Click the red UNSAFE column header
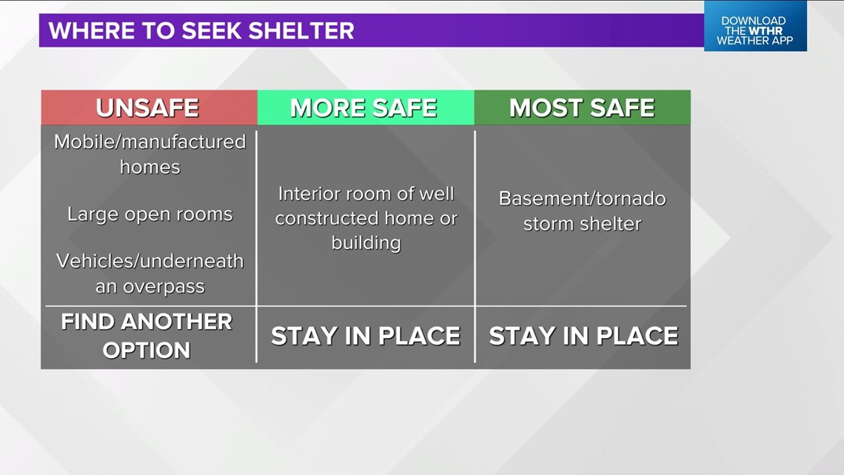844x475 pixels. (x=149, y=107)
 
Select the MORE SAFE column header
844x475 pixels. (x=366, y=107)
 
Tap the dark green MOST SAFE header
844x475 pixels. (x=583, y=107)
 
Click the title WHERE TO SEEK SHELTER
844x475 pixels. (x=201, y=30)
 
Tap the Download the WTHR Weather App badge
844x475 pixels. (x=755, y=26)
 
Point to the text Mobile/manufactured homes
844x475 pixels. (x=150, y=154)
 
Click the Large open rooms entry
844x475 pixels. (x=150, y=214)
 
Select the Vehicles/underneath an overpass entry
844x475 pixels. (x=150, y=273)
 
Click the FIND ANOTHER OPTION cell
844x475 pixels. (x=147, y=336)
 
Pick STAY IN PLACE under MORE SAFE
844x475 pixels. (x=366, y=336)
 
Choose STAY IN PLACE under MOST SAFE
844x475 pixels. (x=583, y=336)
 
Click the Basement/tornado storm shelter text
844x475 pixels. (x=583, y=211)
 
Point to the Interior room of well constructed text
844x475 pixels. (x=366, y=206)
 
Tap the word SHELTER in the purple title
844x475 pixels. (x=301, y=30)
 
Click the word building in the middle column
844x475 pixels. (x=366, y=243)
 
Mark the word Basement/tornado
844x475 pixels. (x=583, y=199)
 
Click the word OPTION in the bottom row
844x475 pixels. (x=147, y=351)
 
